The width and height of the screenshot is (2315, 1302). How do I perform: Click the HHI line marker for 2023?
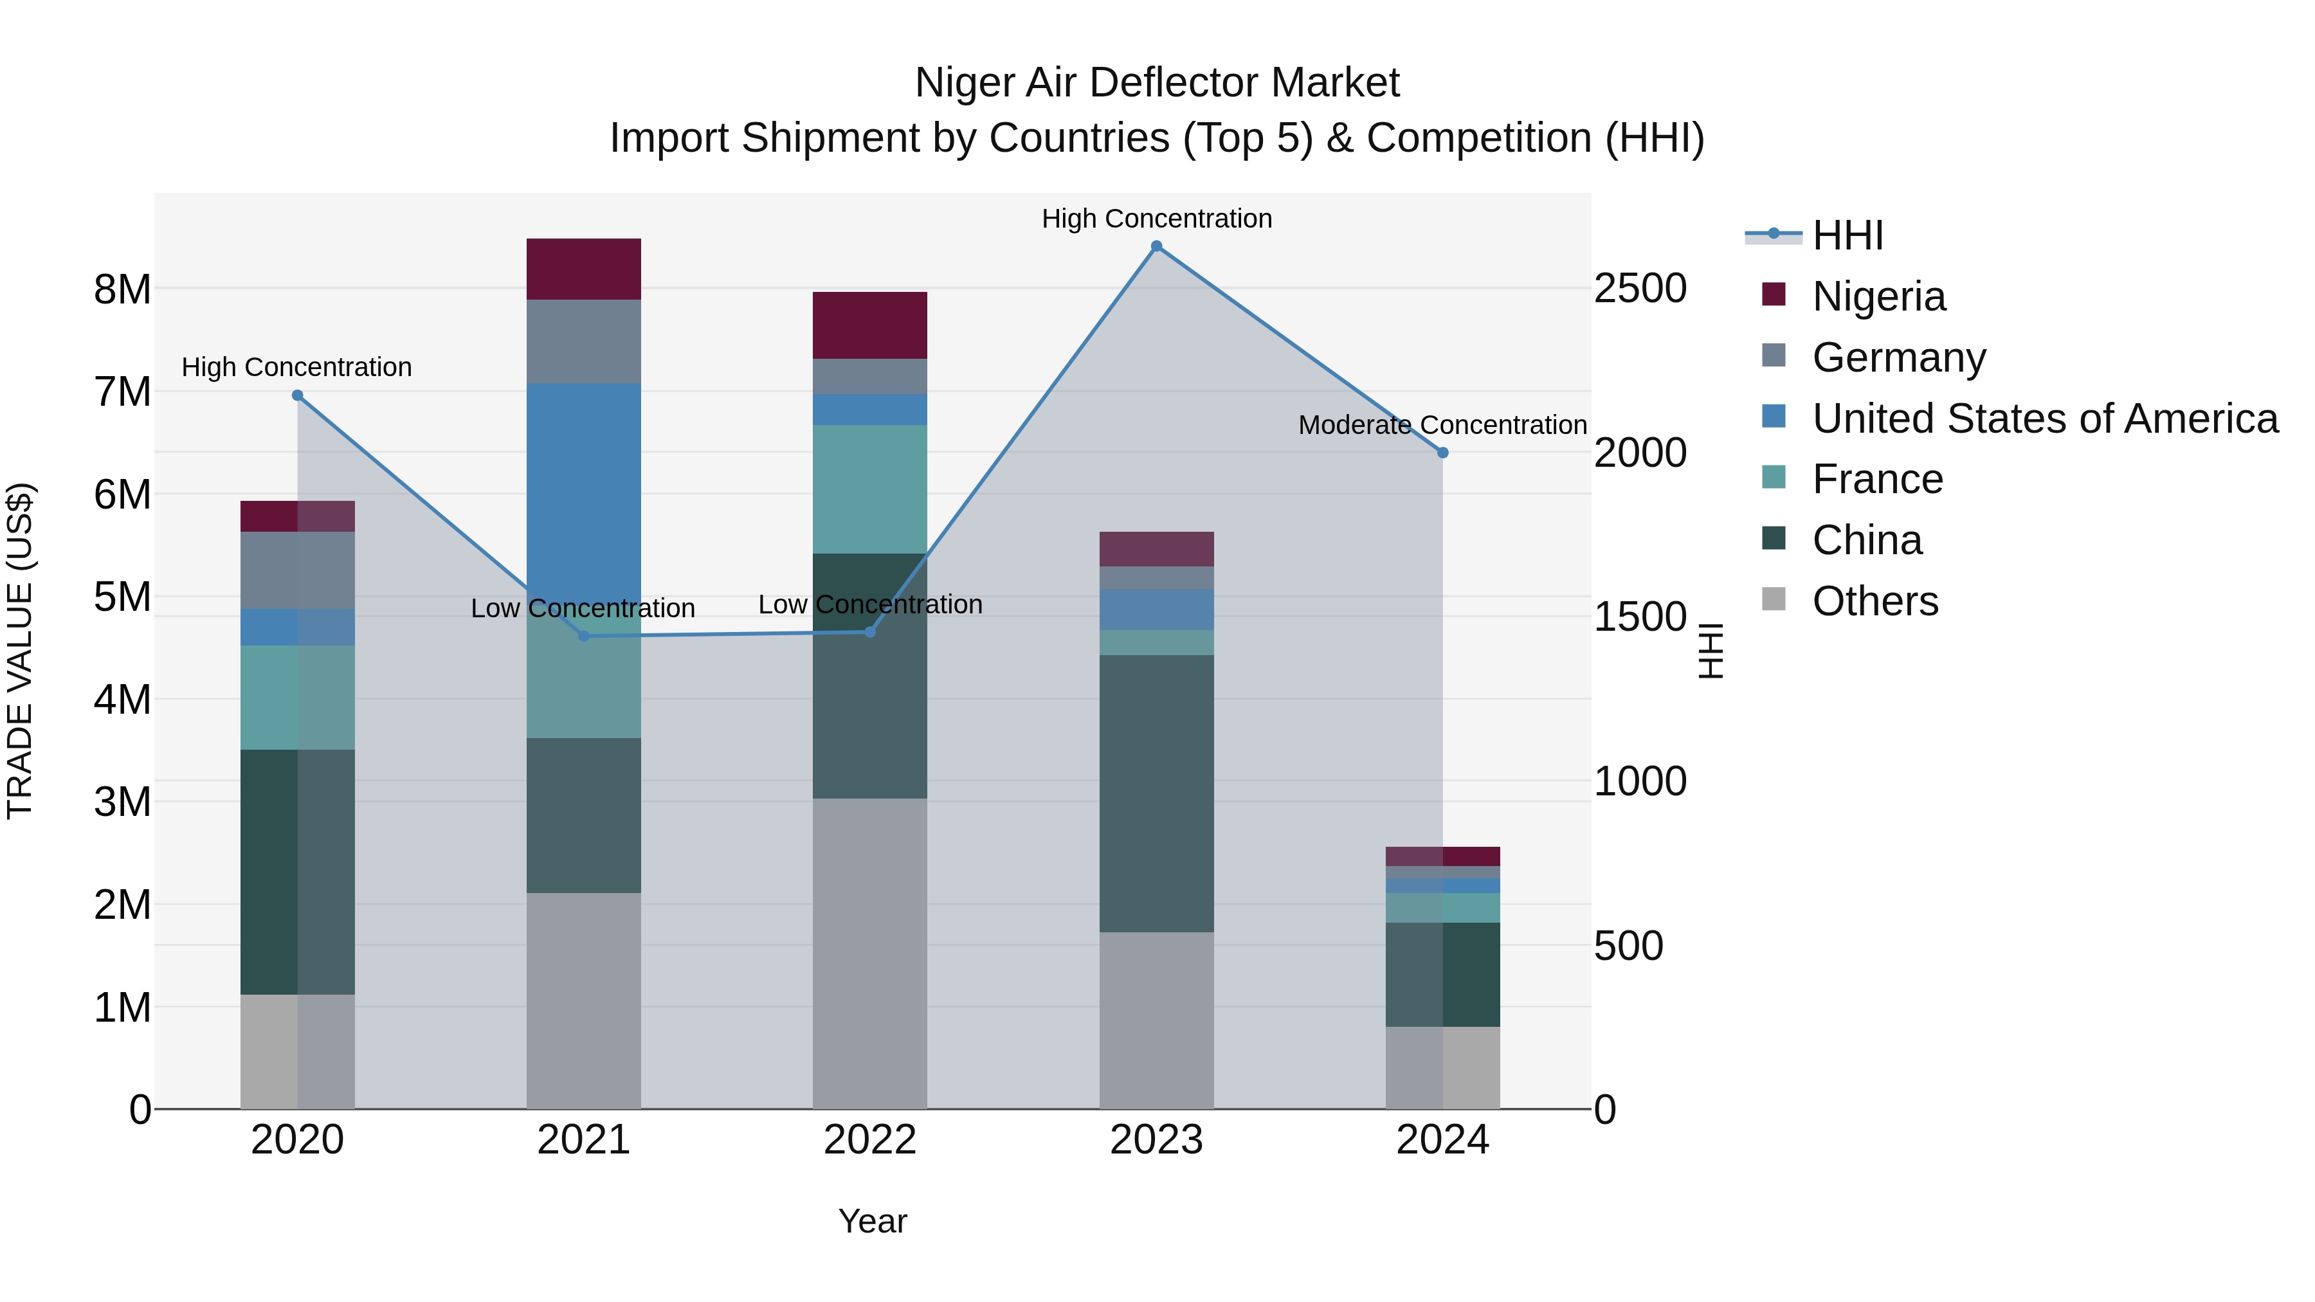(x=1157, y=246)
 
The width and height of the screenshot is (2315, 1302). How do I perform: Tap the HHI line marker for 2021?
(x=583, y=636)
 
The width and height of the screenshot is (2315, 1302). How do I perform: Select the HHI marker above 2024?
(x=1442, y=453)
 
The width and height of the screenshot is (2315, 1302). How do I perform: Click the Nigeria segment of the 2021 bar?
(x=583, y=269)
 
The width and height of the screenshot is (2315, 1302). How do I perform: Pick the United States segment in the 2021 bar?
(x=583, y=485)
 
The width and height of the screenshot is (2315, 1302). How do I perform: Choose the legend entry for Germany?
(x=1898, y=357)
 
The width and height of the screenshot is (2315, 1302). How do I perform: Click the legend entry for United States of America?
(x=2044, y=419)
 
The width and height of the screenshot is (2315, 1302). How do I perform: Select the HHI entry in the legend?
(x=1847, y=235)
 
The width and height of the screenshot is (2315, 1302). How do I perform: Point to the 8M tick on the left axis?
(x=122, y=289)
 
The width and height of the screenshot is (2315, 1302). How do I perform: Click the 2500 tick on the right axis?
(x=1640, y=289)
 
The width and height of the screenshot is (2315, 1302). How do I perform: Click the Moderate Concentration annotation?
(x=1442, y=425)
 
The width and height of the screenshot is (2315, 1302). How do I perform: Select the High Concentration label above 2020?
(x=296, y=368)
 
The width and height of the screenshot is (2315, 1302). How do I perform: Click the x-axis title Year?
(x=872, y=1221)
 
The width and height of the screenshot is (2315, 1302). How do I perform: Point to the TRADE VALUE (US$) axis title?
(x=20, y=651)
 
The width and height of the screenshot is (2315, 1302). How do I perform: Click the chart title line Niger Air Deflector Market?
(x=1157, y=83)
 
